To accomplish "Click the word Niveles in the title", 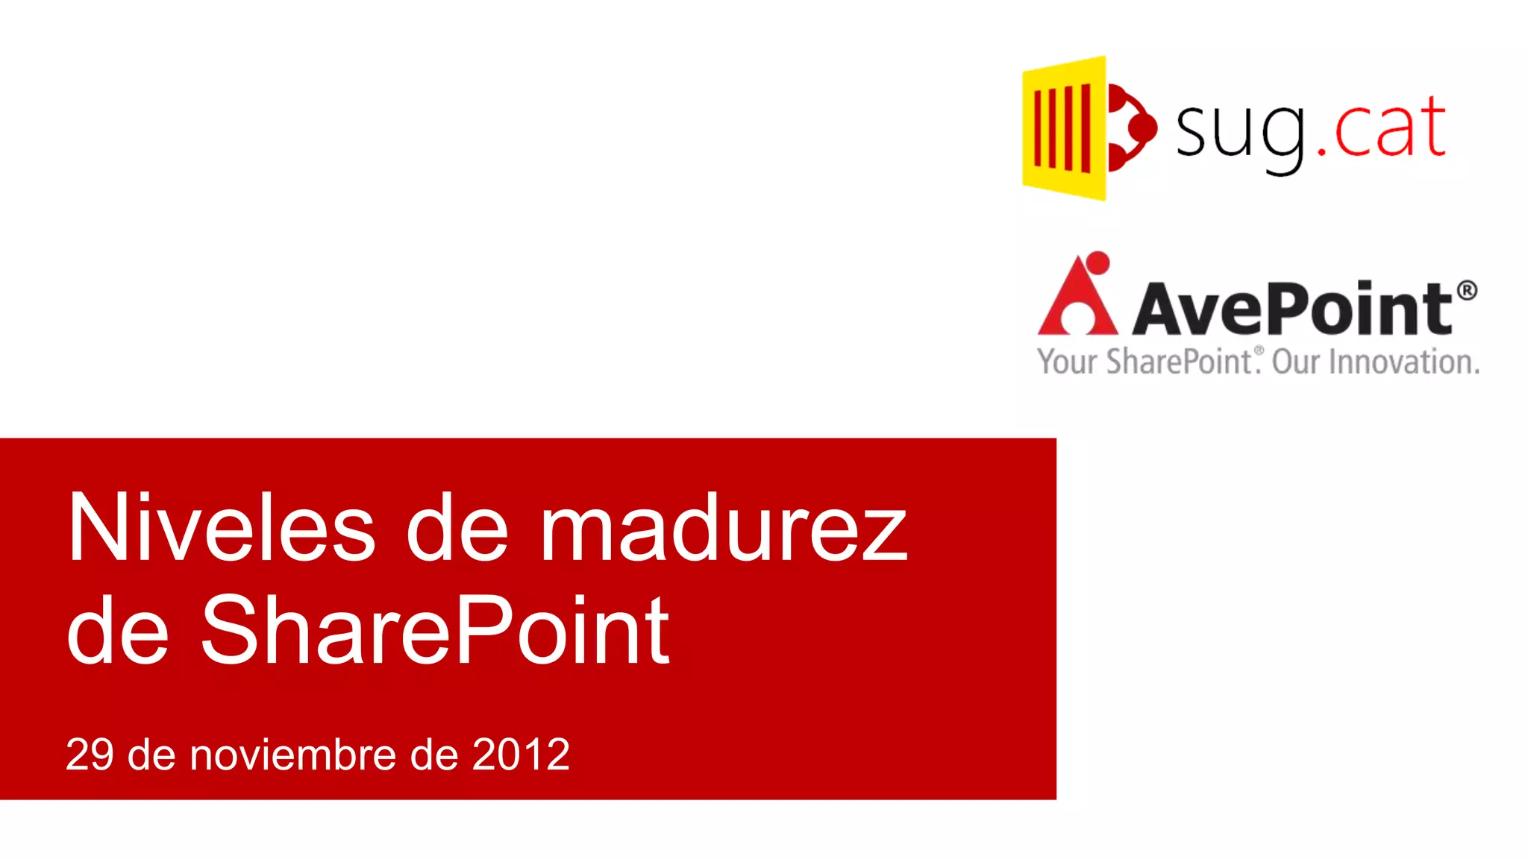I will click(222, 528).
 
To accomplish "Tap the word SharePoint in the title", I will click(435, 630).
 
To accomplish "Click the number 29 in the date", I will click(90, 755).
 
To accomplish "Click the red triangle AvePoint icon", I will click(1077, 298).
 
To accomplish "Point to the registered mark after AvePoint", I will click(1466, 290).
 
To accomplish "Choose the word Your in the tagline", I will click(1067, 362).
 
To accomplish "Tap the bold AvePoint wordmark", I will click(1292, 308).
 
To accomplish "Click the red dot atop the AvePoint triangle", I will click(1098, 262).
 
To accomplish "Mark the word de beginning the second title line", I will click(118, 630).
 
